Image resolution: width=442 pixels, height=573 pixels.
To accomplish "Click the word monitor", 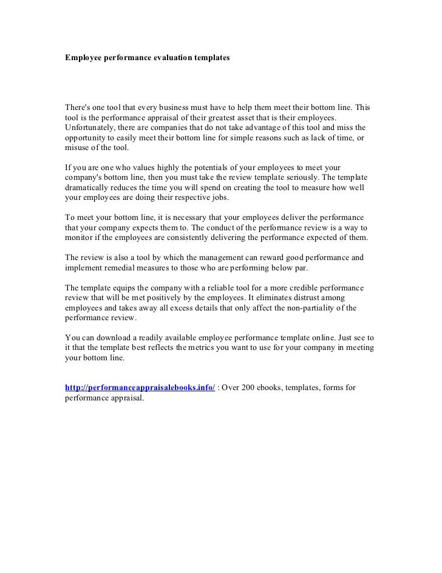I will (x=78, y=238).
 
